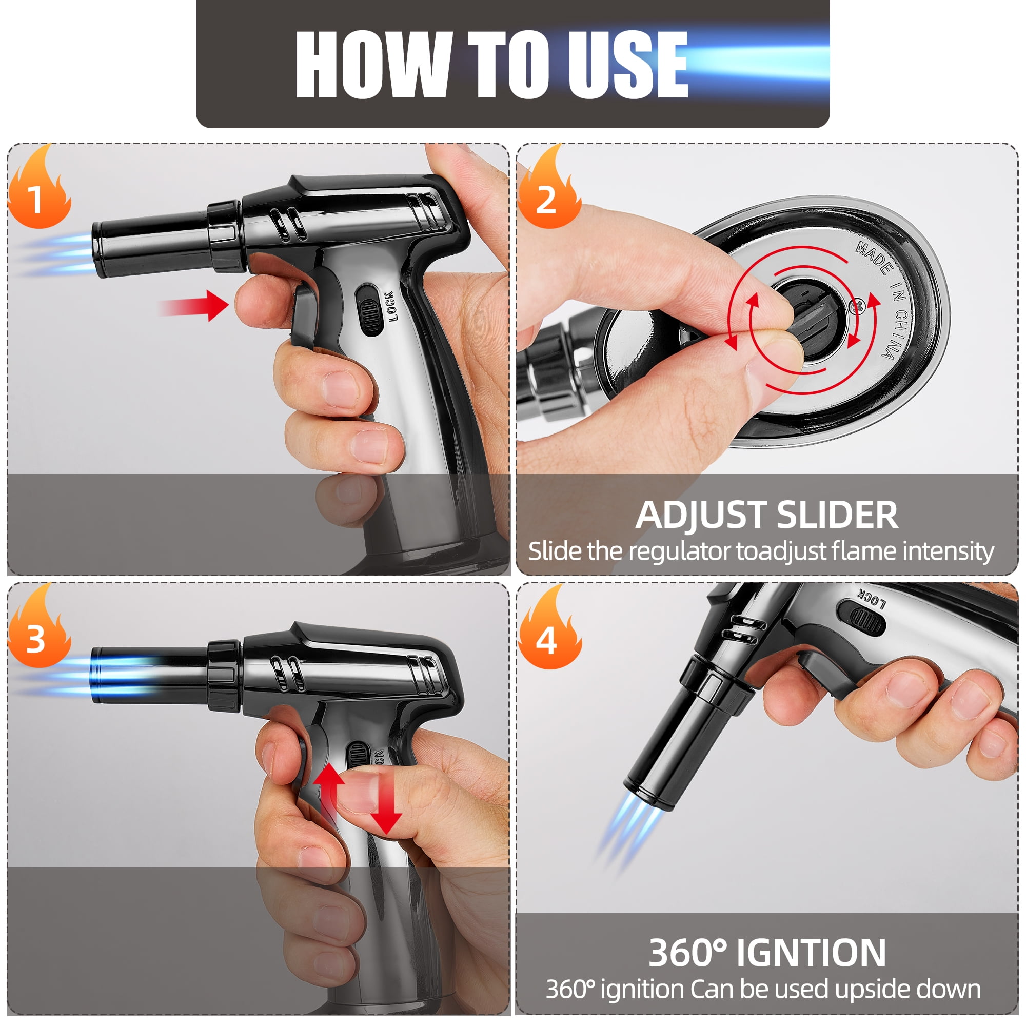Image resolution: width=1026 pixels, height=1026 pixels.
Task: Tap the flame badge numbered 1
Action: (39, 187)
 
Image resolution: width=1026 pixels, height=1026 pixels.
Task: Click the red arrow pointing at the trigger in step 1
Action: (194, 306)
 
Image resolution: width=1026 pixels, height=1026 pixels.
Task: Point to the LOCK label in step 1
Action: (390, 306)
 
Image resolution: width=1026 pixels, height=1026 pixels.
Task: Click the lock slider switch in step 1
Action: (369, 310)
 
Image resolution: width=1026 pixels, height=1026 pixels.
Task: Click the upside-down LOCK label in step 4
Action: (872, 600)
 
